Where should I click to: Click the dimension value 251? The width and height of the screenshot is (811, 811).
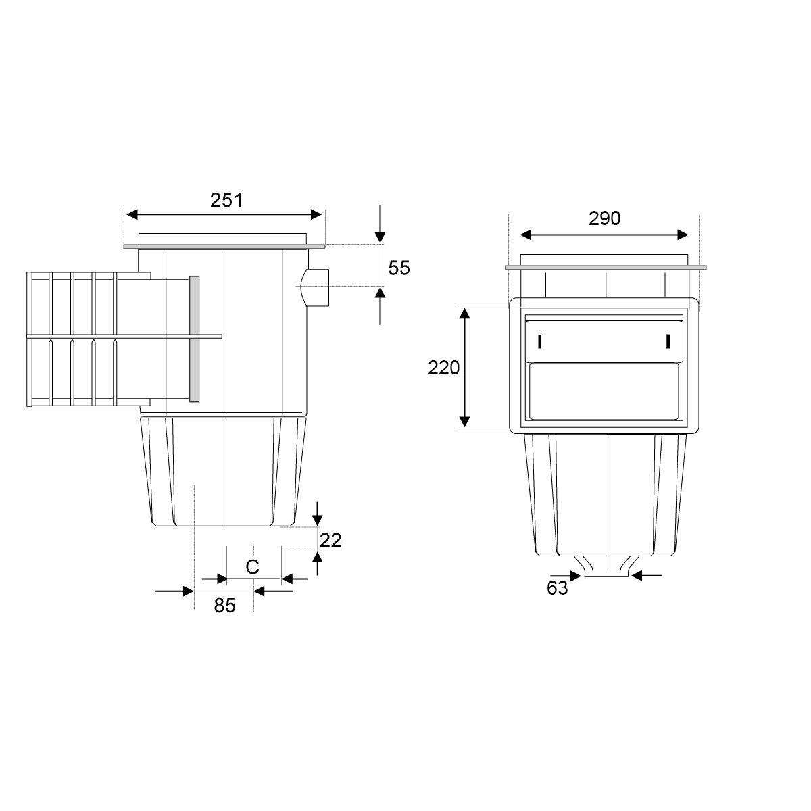coord(226,200)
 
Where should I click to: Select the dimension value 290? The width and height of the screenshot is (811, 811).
coord(604,218)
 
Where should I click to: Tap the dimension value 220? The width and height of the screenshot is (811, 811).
coord(443,368)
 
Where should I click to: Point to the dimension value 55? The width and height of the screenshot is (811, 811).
coord(399,268)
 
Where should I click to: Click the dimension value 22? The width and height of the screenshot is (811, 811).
coord(330,541)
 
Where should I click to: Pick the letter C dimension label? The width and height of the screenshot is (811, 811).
coord(252,567)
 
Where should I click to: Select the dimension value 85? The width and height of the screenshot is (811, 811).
coord(224,606)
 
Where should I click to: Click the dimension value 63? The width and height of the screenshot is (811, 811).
coord(557,588)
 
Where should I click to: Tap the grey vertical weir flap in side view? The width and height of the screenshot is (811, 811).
coord(194,339)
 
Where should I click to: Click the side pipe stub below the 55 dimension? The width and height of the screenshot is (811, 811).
coord(316,287)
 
